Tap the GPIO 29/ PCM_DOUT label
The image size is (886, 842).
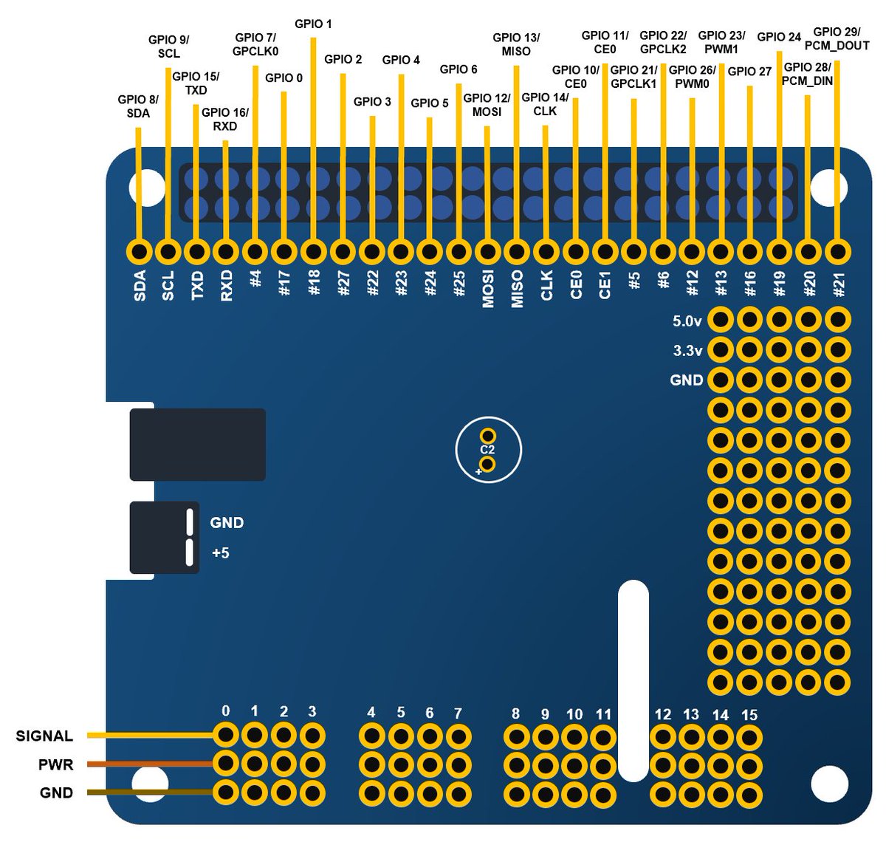click(x=841, y=38)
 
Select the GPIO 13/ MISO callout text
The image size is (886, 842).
click(x=516, y=44)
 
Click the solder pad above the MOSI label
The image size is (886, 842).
click(x=487, y=252)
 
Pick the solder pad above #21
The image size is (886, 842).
click(x=837, y=252)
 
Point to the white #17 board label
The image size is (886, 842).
click(x=286, y=284)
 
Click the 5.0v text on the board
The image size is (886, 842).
click(x=687, y=321)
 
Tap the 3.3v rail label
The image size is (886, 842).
click(x=687, y=351)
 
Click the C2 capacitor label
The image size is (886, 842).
click(x=487, y=450)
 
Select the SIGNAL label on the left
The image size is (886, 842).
click(x=44, y=736)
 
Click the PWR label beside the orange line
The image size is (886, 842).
click(x=56, y=764)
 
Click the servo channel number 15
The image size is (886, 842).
click(x=749, y=715)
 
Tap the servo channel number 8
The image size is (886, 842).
click(x=515, y=713)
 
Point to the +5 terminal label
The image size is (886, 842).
click(x=220, y=552)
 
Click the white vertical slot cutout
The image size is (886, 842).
click(x=633, y=680)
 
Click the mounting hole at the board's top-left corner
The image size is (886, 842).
click(x=146, y=188)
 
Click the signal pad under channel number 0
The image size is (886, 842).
click(x=226, y=736)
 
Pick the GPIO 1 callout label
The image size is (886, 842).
click(x=313, y=24)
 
